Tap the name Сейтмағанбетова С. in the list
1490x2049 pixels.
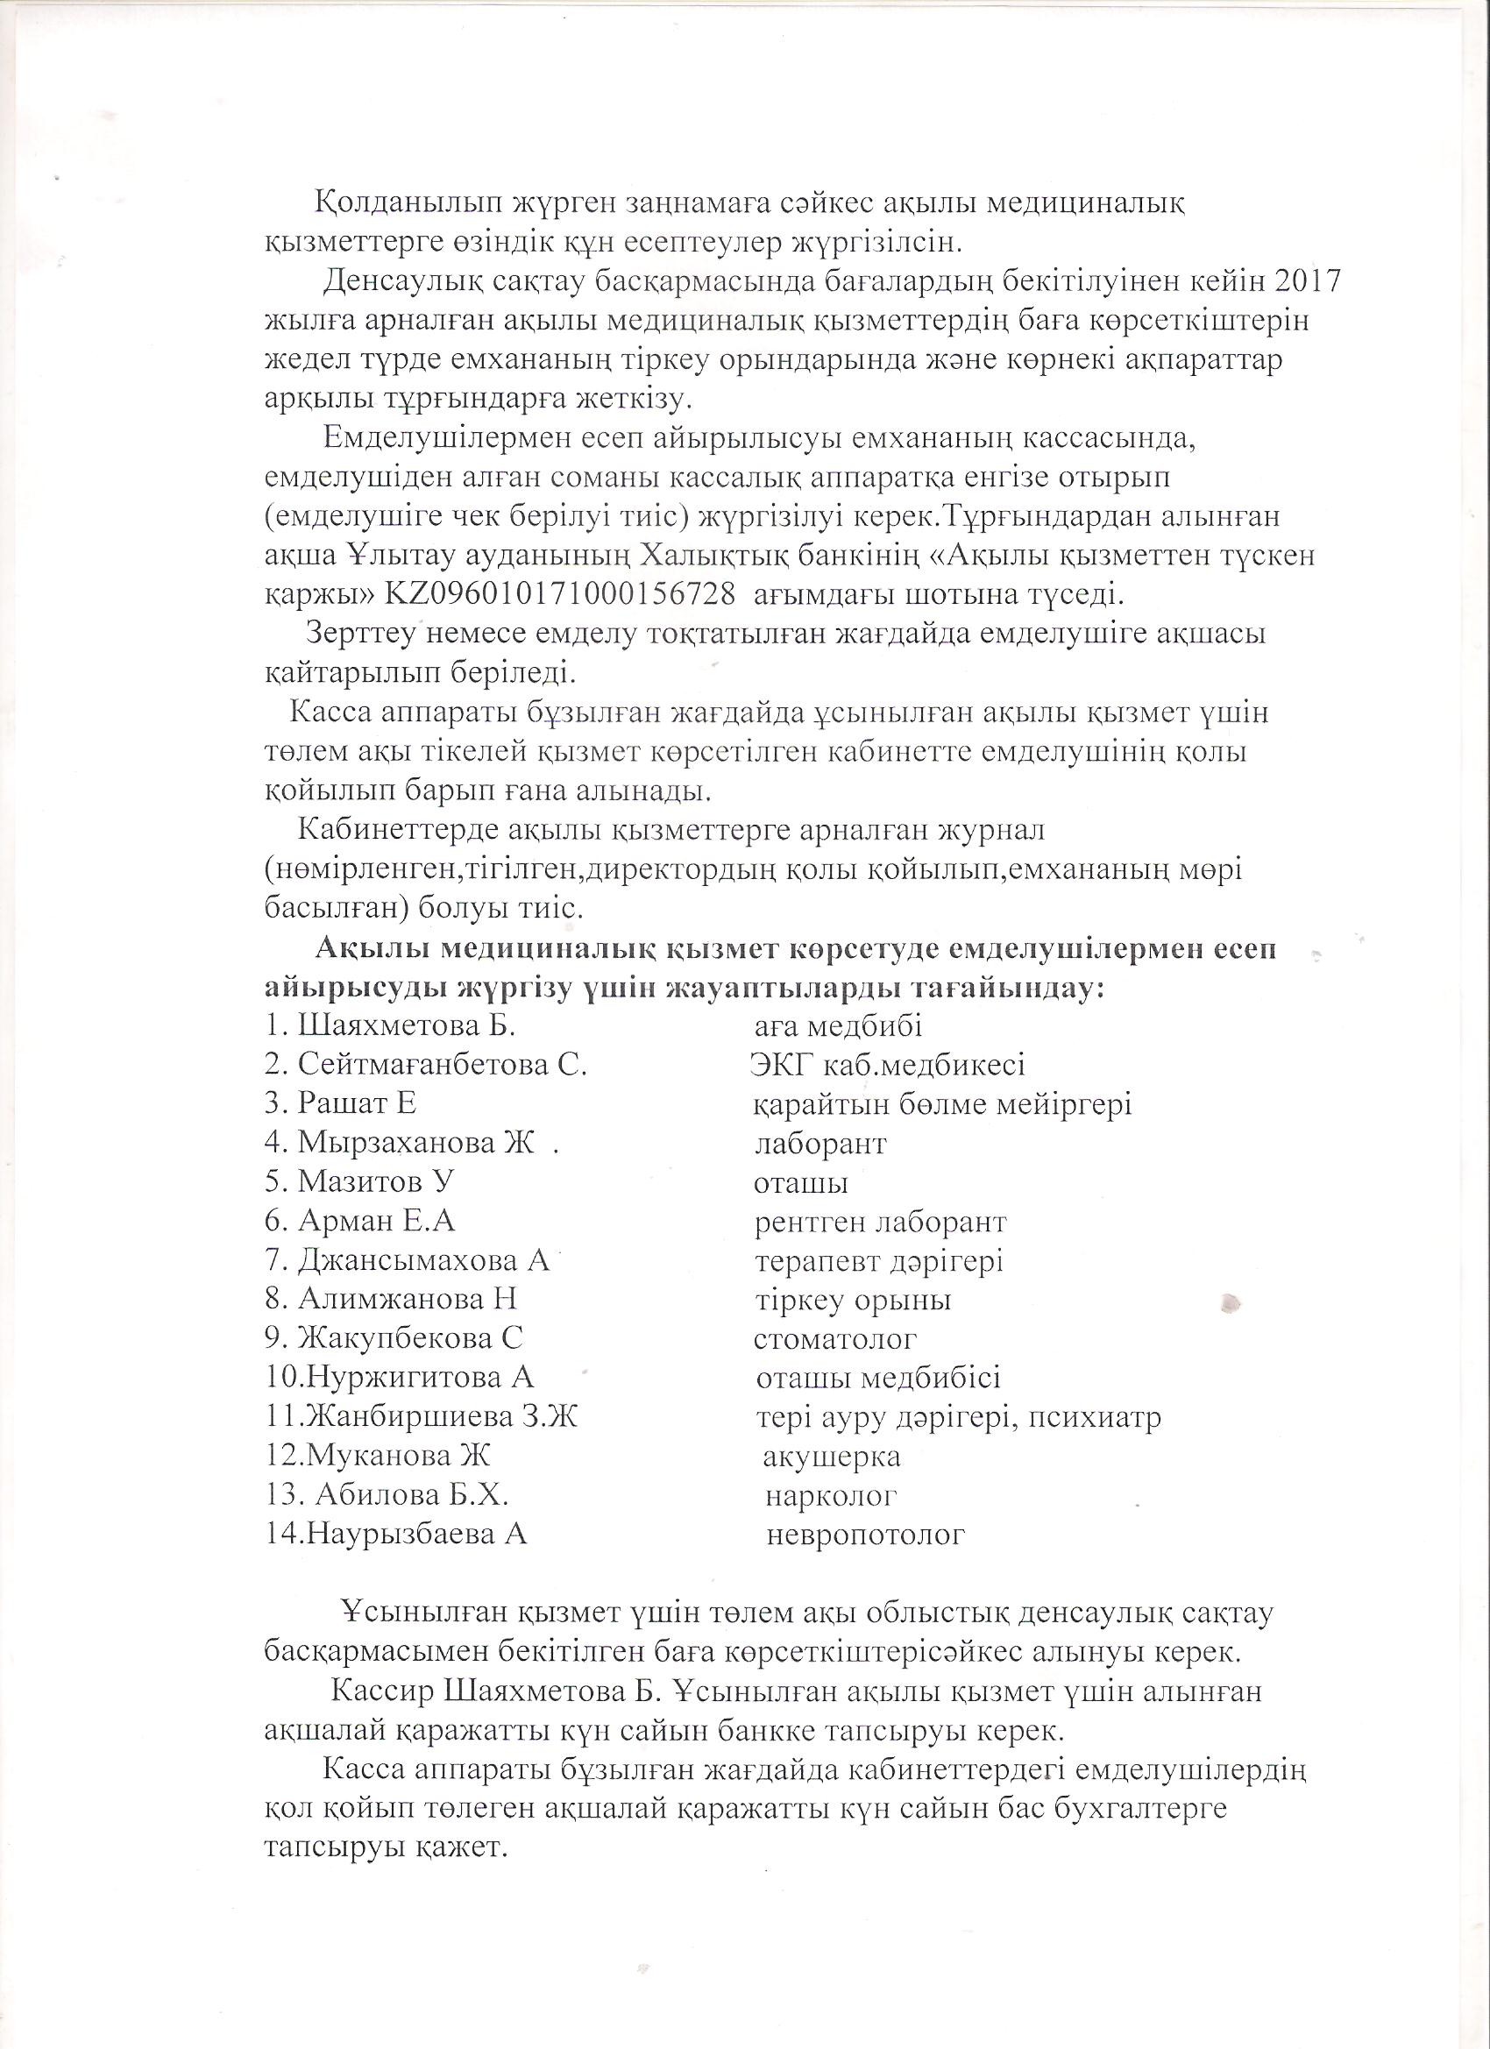point(443,1065)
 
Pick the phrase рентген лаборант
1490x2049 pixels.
point(880,1223)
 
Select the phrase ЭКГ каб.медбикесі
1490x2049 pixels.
point(887,1065)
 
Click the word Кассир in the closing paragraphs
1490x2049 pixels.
point(378,1691)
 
